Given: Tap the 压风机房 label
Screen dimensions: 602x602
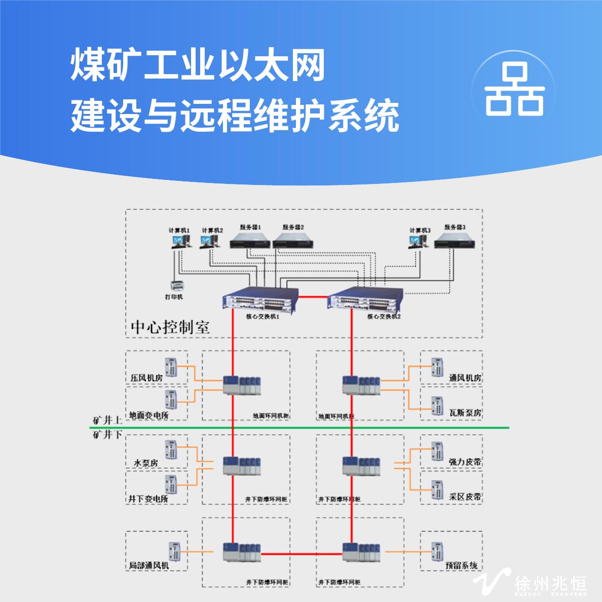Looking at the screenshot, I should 146,378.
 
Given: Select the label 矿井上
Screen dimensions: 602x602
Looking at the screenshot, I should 107,421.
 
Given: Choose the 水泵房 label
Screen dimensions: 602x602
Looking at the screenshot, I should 146,463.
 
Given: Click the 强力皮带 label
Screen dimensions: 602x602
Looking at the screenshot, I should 465,462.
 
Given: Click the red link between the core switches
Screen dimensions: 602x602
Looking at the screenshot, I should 313,296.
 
